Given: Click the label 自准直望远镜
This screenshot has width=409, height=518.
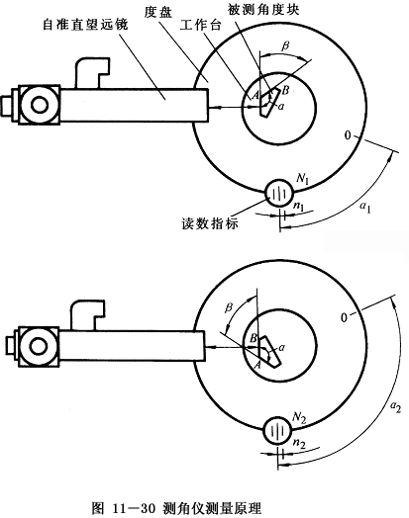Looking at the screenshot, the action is coord(85,25).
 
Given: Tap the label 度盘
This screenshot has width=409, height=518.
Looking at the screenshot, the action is coord(158,13).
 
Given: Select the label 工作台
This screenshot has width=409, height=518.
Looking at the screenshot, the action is coord(200,25).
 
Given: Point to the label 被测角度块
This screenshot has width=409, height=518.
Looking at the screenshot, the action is coord(263,9).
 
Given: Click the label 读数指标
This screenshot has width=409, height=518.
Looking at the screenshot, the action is coord(210,223).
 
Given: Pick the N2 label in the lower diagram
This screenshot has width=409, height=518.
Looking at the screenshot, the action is coord(299,417).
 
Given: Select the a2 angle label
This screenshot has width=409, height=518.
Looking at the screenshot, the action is coord(395,406).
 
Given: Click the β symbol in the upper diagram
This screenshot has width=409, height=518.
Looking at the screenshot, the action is coord(285,45).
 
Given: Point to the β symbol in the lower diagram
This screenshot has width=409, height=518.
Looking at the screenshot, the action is coord(229,307).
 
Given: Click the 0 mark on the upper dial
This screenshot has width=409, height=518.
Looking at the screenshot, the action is coord(348,135).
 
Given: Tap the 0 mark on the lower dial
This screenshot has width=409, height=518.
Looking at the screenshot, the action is coord(345,317).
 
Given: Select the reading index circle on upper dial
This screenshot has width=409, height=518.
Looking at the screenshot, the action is coord(279,193).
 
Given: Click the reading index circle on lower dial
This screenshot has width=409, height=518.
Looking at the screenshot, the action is coord(277,430).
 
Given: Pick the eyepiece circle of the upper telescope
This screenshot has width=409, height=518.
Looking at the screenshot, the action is coord(40,105).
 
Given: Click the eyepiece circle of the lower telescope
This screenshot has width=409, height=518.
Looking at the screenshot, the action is coord(39,347).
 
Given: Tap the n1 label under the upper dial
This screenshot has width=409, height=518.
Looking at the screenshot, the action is coord(298,207).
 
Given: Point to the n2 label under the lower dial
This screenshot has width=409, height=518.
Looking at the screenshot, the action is coord(299,444).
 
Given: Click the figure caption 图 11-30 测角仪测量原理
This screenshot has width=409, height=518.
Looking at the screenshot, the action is coord(176,508).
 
